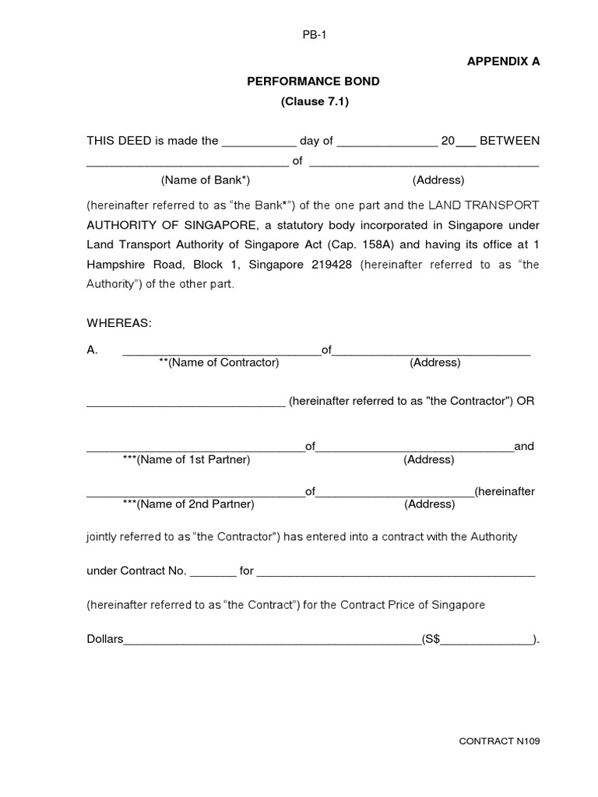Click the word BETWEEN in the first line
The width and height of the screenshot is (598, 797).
pos(509,141)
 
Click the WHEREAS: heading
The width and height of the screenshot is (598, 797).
pos(119,323)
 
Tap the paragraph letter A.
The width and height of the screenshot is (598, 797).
pos(92,350)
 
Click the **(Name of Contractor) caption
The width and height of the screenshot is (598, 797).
pos(219,363)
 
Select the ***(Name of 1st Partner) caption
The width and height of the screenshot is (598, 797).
pos(187,460)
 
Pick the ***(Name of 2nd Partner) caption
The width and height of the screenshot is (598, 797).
pos(188,504)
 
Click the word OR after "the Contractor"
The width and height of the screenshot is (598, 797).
pos(527,402)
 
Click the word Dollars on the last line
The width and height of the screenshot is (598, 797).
pos(105,639)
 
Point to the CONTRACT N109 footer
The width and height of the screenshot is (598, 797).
pos(499,741)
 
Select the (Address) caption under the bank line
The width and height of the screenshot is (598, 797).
pos(438,181)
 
